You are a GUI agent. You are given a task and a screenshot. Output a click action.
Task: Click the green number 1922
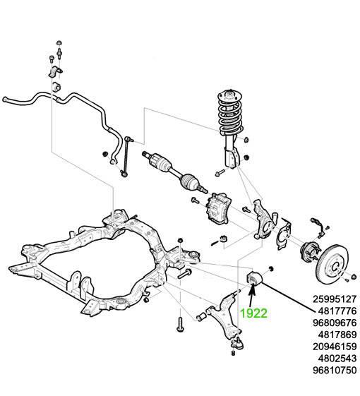pos(253,313)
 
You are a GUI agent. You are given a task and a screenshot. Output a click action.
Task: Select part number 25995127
pos(335,299)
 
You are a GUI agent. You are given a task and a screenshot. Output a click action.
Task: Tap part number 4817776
pos(337,311)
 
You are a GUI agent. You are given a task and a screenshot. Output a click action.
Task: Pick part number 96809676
pos(335,323)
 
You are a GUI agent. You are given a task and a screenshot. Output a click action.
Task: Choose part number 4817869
pos(337,335)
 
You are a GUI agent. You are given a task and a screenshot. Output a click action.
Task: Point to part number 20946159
pos(335,347)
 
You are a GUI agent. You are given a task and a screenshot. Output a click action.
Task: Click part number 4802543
pos(337,359)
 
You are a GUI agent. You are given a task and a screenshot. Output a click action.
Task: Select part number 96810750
pos(335,371)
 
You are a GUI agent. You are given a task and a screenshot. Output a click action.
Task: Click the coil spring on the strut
pos(229,114)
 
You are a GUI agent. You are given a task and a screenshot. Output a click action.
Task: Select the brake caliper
pos(219,208)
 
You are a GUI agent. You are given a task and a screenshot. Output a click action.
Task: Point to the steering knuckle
pos(264,220)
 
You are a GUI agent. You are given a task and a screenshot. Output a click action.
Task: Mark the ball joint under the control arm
pos(237,343)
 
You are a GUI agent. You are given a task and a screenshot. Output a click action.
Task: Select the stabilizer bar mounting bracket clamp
pos(55,71)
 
